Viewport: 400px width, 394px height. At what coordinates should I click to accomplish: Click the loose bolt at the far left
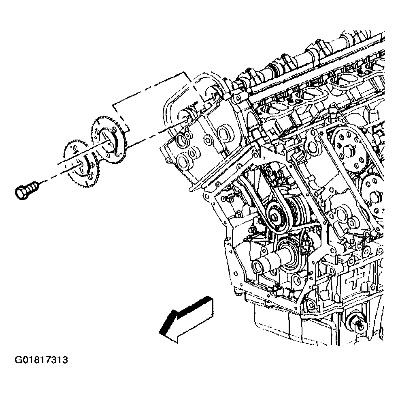tap(27, 189)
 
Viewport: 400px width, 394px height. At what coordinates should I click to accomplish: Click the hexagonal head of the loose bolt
tap(21, 192)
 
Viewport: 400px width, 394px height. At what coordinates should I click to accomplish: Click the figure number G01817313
tap(41, 360)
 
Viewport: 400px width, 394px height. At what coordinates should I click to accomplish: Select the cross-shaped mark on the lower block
tap(353, 281)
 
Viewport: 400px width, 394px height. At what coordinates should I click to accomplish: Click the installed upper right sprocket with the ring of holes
tap(349, 149)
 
